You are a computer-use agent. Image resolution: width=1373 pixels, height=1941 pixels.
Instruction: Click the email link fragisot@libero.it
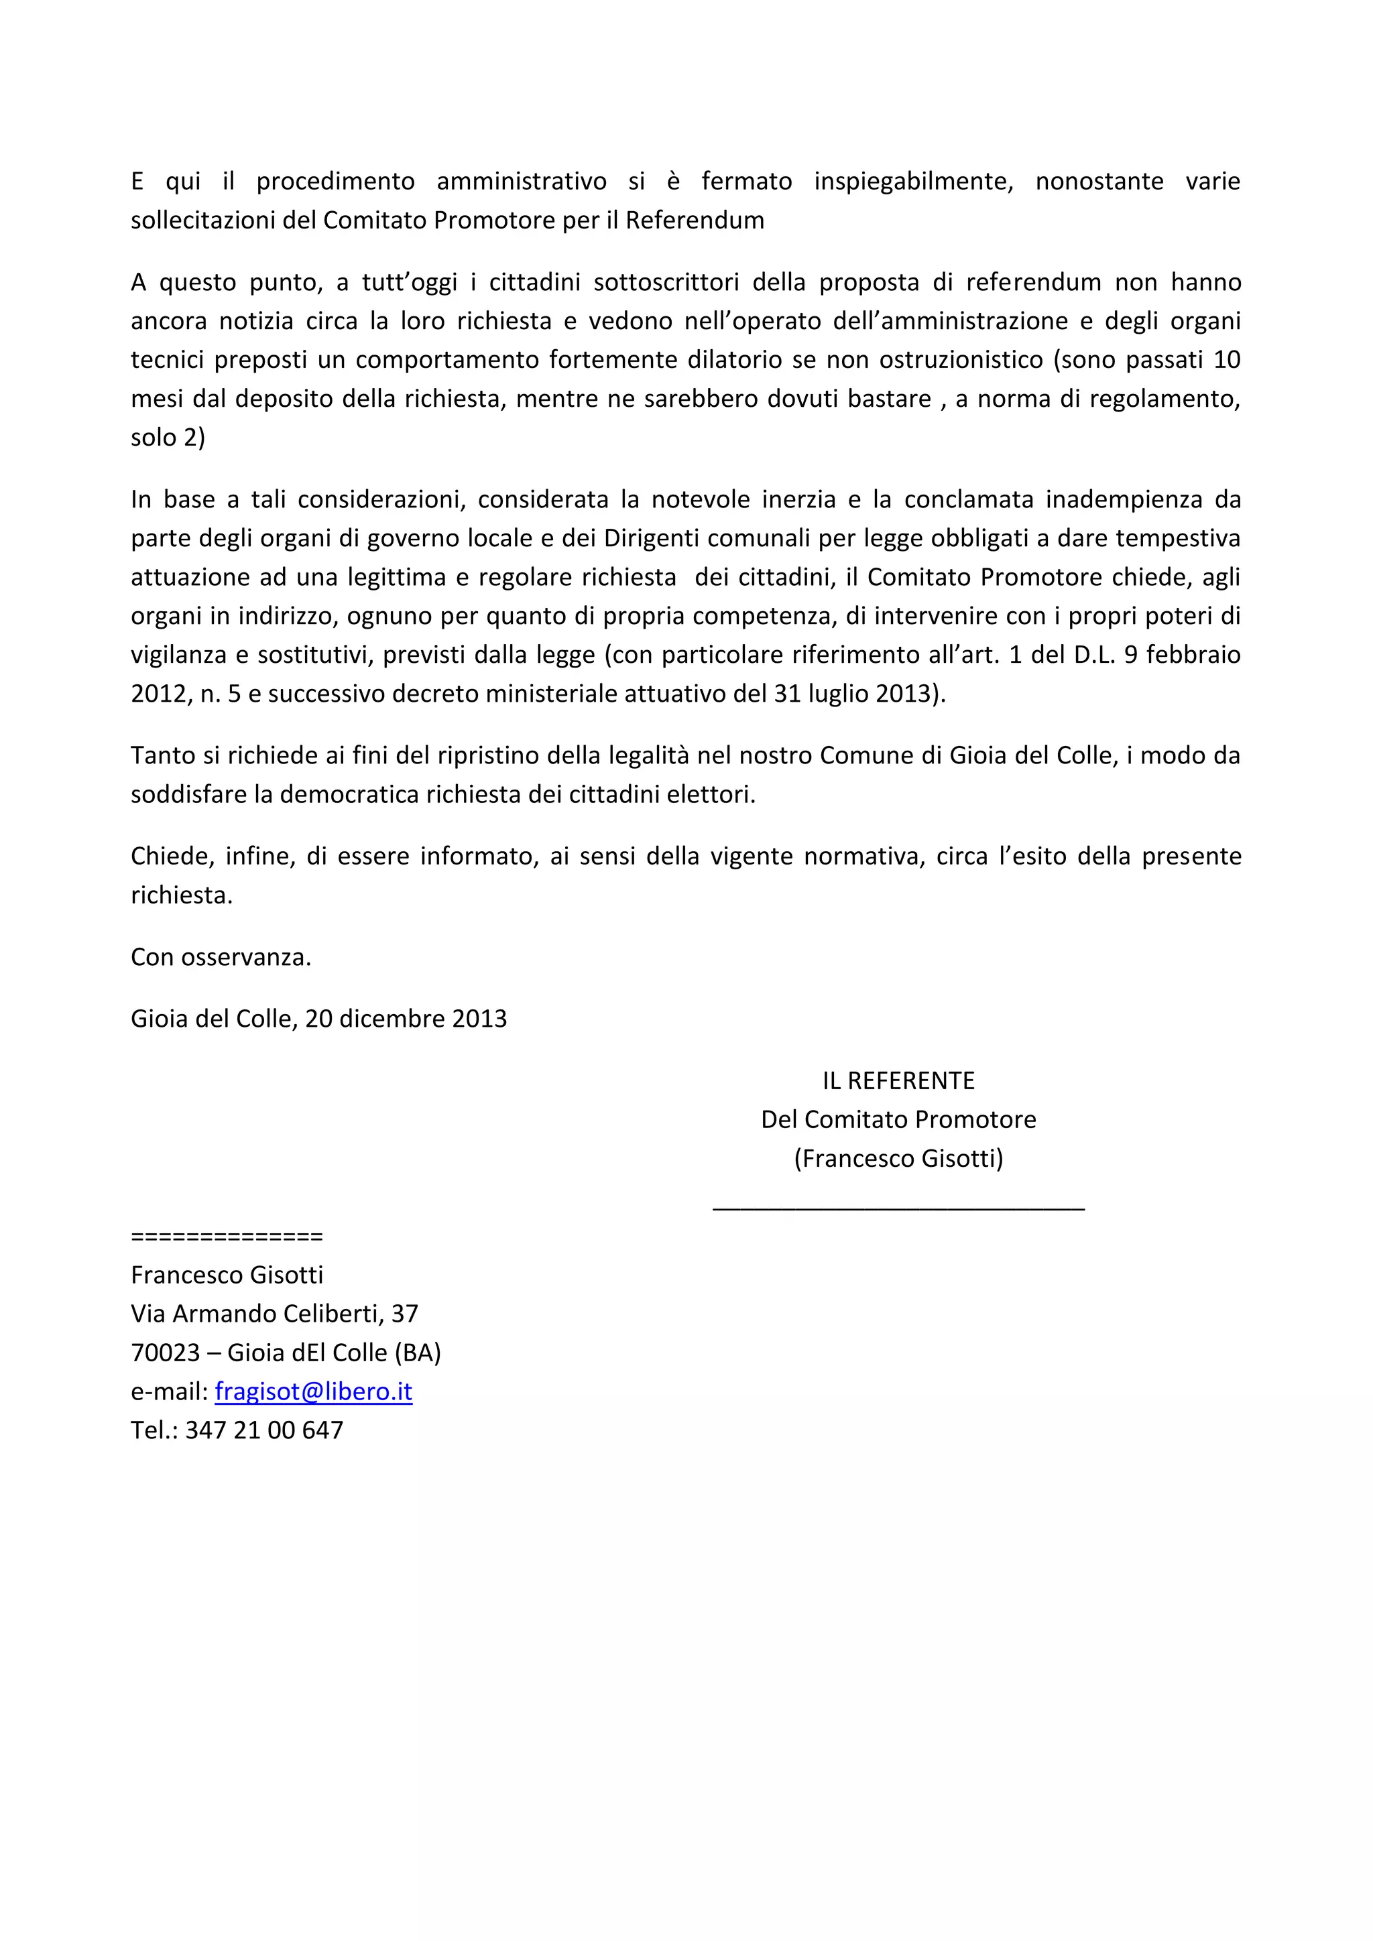tap(313, 1391)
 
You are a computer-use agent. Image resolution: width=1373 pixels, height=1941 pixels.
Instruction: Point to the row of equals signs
tap(227, 1237)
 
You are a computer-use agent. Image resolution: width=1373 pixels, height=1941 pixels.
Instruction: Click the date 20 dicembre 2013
tap(406, 1019)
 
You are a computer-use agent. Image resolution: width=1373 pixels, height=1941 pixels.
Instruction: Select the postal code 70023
tap(165, 1353)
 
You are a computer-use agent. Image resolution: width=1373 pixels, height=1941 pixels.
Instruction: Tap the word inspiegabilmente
tap(913, 181)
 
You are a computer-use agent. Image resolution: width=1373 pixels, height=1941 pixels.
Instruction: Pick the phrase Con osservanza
tap(221, 957)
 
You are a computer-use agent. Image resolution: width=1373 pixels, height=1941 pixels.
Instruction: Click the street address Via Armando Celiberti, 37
tap(274, 1314)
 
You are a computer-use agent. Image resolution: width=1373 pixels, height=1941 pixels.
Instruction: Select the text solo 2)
tap(168, 438)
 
